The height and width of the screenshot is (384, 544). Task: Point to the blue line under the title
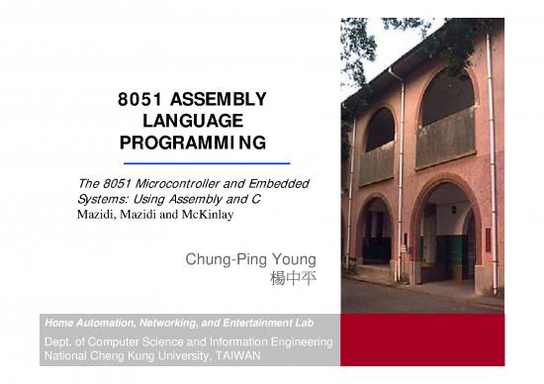point(206,161)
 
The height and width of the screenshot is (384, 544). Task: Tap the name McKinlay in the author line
point(205,213)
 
